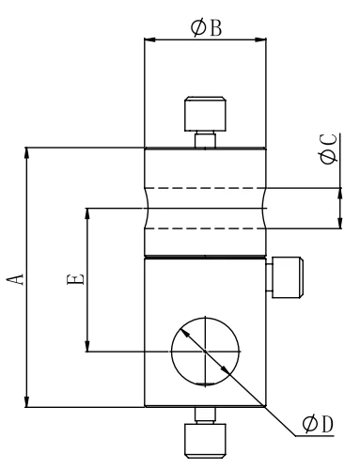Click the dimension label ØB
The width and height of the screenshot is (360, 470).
pyautogui.click(x=206, y=28)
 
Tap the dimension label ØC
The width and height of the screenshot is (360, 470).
pyautogui.click(x=328, y=149)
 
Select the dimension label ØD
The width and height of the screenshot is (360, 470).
pyautogui.click(x=318, y=424)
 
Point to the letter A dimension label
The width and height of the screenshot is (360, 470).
pyautogui.click(x=16, y=279)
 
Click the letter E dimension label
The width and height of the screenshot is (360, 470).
pyautogui.click(x=75, y=279)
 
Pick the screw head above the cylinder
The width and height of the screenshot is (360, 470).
pyautogui.click(x=205, y=114)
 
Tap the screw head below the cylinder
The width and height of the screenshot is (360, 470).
pyautogui.click(x=205, y=441)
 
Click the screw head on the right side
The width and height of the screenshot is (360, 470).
pyautogui.click(x=288, y=277)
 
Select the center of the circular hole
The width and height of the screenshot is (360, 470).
pyautogui.click(x=205, y=352)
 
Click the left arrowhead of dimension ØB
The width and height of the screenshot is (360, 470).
pyautogui.click(x=149, y=39)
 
